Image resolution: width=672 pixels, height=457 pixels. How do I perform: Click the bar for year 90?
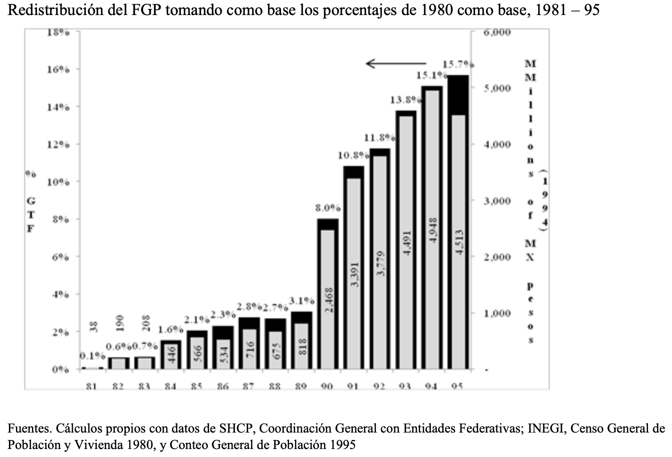328,294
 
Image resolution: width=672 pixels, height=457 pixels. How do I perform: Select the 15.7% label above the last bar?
458,64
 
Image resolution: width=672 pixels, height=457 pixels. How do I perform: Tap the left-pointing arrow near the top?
396,63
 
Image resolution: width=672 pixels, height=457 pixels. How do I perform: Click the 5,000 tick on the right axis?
497,88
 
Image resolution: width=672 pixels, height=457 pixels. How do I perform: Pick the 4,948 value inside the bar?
433,230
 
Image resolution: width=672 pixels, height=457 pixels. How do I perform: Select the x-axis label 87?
248,386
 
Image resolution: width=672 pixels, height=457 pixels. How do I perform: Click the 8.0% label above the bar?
328,208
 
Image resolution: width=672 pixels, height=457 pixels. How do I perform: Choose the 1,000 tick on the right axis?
497,314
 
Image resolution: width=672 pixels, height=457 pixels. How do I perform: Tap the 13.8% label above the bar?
405,100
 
